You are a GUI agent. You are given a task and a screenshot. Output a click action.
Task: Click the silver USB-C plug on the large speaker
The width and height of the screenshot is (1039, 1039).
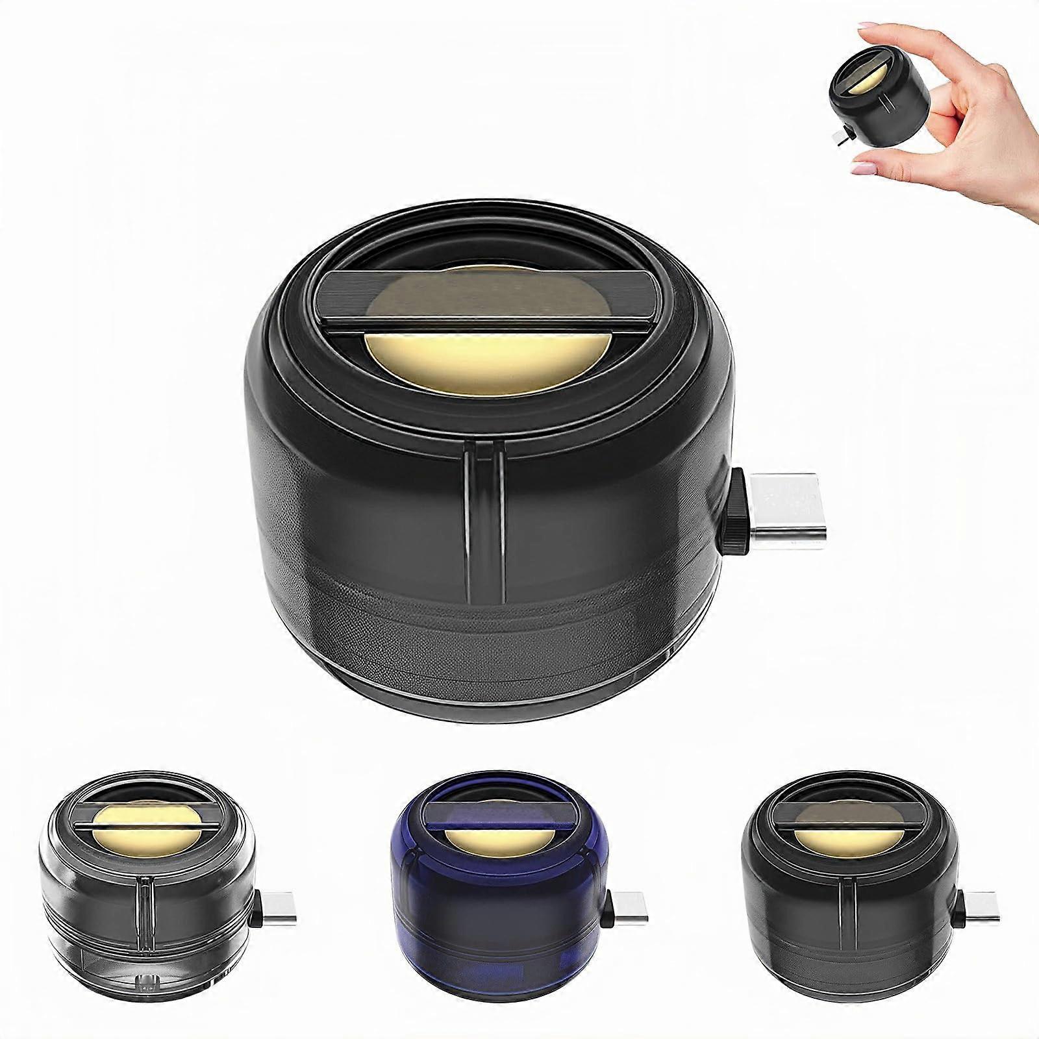click(x=779, y=505)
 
